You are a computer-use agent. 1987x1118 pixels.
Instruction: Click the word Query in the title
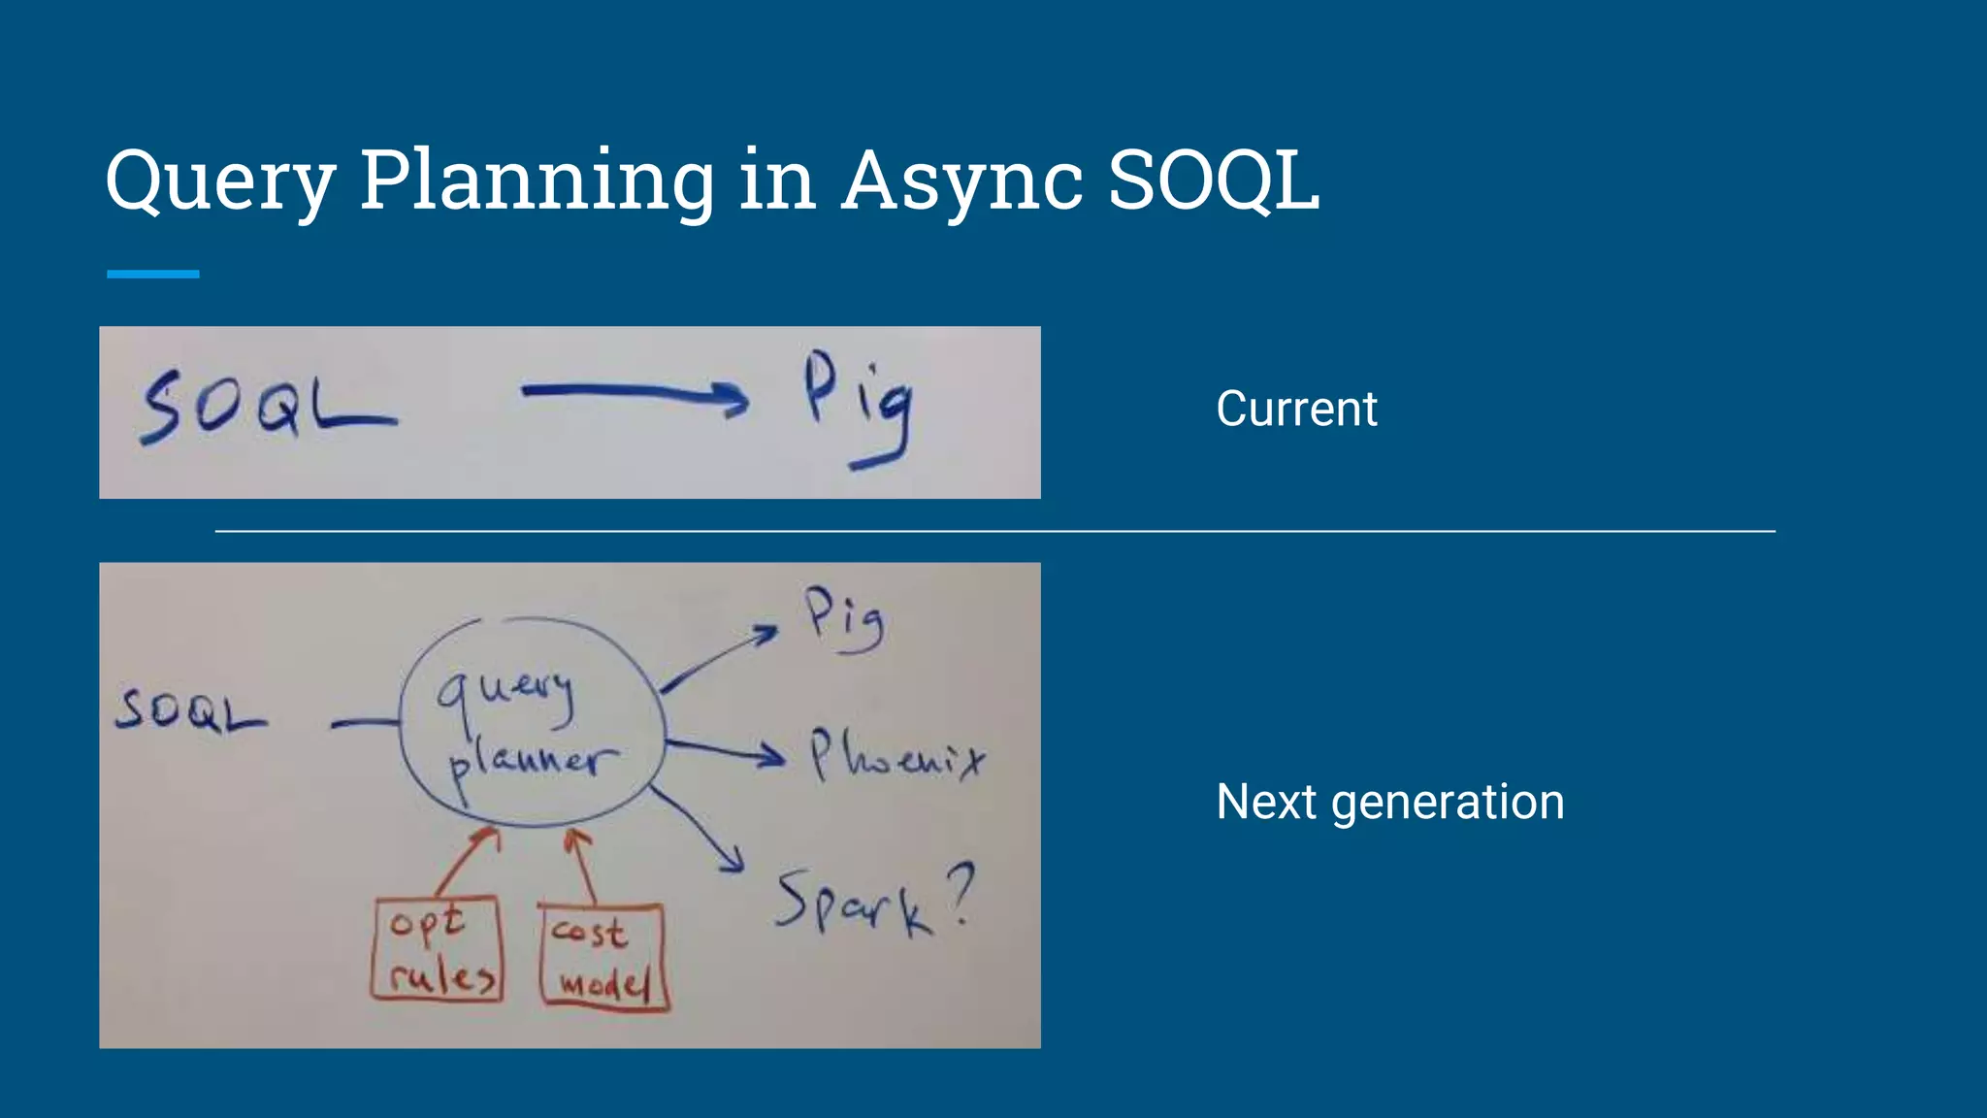pyautogui.click(x=221, y=181)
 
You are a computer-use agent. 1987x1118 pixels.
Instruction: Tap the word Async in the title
pyautogui.click(x=961, y=181)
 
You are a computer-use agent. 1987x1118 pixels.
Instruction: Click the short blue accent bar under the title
pyautogui.click(x=153, y=275)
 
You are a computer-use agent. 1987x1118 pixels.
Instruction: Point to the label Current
pyautogui.click(x=1296, y=409)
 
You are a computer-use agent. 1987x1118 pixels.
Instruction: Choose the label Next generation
pyautogui.click(x=1390, y=803)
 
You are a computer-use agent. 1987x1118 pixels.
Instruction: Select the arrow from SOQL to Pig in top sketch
pyautogui.click(x=635, y=393)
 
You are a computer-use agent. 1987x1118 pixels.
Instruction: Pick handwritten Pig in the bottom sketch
pyautogui.click(x=843, y=619)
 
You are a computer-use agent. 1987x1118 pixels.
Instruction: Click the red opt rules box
pyautogui.click(x=438, y=948)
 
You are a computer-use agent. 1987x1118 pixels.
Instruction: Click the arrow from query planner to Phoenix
pyautogui.click(x=726, y=750)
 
